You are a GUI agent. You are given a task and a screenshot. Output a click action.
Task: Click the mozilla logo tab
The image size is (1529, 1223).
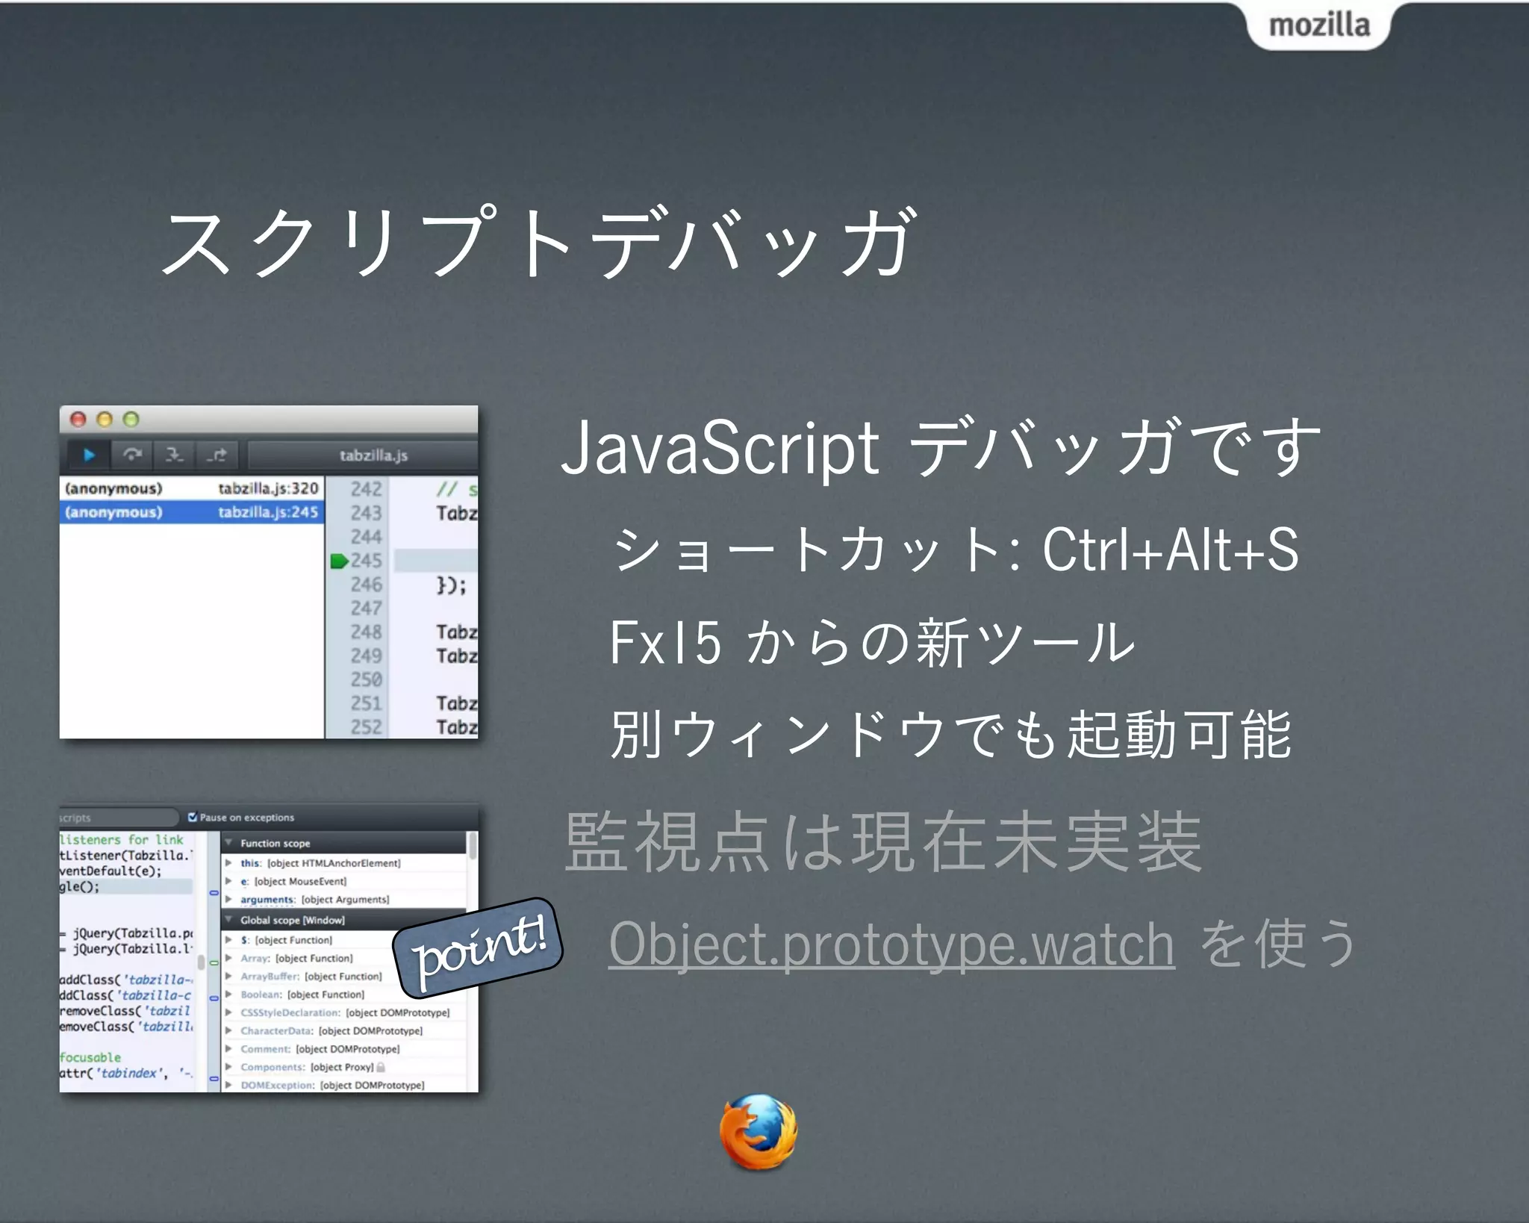1318,25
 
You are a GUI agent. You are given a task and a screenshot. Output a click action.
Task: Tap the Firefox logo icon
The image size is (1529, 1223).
758,1132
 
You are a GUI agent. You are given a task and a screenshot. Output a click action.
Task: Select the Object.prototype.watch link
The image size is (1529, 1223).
891,945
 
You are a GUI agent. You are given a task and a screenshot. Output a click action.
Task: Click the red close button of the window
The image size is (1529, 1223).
78,419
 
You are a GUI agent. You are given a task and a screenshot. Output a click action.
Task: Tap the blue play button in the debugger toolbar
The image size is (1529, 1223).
89,455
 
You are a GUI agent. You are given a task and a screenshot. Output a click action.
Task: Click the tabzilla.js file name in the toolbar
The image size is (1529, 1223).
373,455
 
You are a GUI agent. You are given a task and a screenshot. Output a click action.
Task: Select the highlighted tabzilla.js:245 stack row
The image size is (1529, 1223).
192,512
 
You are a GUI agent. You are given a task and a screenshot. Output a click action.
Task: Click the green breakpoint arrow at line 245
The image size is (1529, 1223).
339,561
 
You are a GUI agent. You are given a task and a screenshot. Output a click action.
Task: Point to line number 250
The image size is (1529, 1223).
366,679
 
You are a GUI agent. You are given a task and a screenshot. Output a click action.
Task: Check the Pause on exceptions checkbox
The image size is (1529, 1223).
193,817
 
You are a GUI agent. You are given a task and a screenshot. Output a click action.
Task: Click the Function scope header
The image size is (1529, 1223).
275,843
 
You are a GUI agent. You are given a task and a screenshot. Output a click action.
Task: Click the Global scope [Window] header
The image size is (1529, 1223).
292,920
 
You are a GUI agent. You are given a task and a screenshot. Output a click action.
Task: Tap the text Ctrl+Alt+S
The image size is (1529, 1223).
1170,550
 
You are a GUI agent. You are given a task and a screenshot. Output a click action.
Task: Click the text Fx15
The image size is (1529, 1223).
665,642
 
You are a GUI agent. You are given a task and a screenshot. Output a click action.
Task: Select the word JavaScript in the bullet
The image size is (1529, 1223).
720,448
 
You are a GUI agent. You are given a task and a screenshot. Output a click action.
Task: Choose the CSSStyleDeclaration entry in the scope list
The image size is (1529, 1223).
290,1012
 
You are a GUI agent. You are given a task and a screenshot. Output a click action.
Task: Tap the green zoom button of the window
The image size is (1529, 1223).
131,419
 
